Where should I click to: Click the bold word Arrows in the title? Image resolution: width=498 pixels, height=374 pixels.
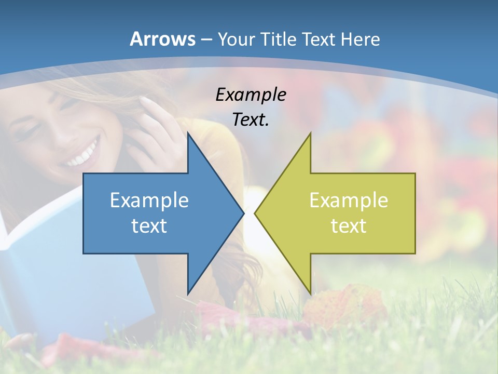point(162,38)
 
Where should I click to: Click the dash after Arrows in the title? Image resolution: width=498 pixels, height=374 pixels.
point(205,39)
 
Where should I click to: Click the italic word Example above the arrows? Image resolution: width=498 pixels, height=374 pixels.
point(251,95)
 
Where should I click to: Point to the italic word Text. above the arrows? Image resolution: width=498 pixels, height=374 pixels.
point(251,120)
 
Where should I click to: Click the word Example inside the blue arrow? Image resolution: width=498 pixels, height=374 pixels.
point(149,201)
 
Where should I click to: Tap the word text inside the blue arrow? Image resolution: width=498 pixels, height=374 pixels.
point(149,226)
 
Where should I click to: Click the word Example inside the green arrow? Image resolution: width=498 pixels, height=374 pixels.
point(349,201)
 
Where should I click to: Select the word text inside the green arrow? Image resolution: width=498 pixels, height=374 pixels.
point(349,226)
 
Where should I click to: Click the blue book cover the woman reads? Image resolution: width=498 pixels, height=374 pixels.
point(41,291)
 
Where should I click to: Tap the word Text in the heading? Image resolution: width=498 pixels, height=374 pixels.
point(321,39)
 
